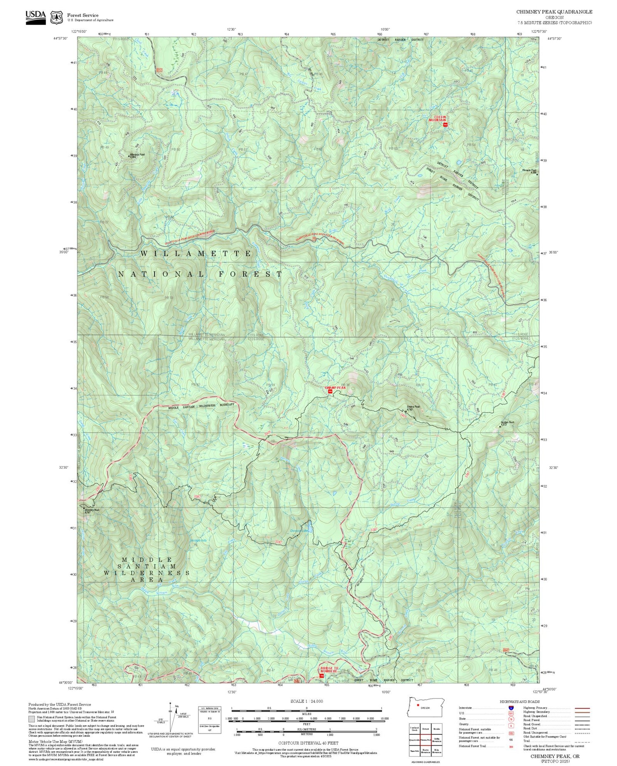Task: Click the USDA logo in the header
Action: coord(35,15)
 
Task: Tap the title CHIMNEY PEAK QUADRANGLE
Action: coord(554,12)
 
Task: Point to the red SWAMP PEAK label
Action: coord(336,388)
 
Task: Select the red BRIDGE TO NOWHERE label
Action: coord(329,669)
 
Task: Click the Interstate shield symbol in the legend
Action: coord(511,708)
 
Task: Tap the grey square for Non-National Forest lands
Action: coord(32,719)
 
